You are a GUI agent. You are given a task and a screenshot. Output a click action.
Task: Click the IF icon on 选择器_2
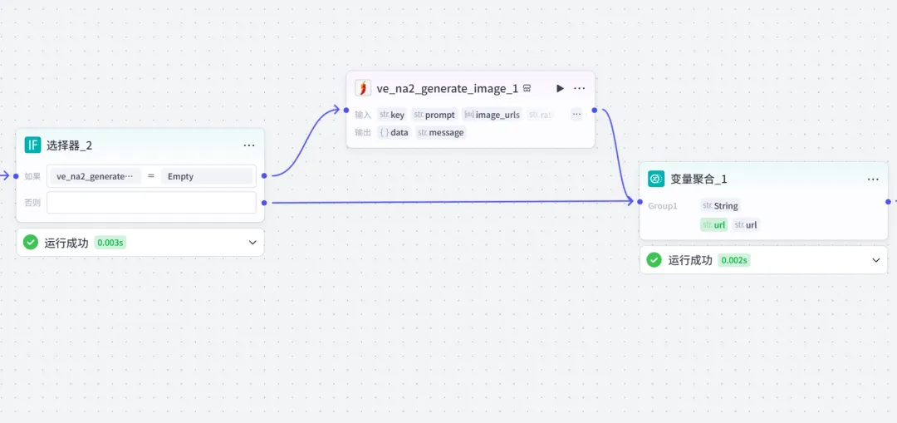(x=32, y=145)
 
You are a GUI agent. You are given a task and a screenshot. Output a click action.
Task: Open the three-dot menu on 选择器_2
(x=249, y=145)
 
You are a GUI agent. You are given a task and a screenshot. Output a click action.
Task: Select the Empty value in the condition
(x=207, y=176)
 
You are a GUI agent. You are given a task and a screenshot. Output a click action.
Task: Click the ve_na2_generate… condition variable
(x=95, y=176)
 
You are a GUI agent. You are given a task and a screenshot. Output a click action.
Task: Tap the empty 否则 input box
(x=151, y=203)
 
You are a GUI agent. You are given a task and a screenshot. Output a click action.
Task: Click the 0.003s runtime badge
(x=110, y=243)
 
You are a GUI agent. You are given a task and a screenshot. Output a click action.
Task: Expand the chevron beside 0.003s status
(x=252, y=243)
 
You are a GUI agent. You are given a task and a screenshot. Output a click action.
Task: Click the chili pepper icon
(x=363, y=88)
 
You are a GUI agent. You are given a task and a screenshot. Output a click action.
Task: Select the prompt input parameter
(x=434, y=115)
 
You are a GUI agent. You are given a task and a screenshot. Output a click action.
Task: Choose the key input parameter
(x=392, y=115)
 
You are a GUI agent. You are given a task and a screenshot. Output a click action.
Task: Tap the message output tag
(x=441, y=132)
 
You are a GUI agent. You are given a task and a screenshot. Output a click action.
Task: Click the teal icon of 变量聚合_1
(x=656, y=179)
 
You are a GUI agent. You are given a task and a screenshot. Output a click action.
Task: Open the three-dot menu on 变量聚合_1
(x=873, y=179)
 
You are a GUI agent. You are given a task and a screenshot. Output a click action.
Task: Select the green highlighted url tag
(x=713, y=224)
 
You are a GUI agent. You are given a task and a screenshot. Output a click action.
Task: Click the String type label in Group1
(x=720, y=205)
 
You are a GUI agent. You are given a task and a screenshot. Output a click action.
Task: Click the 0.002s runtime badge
(x=733, y=260)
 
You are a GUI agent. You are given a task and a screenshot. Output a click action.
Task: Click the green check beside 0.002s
(x=654, y=260)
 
